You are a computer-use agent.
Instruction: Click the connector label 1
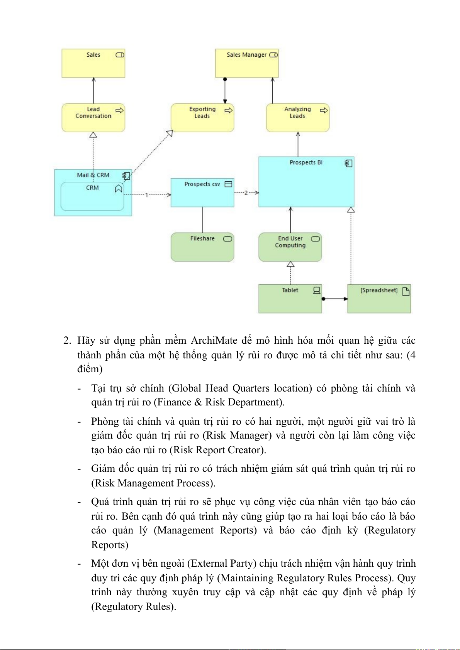point(146,195)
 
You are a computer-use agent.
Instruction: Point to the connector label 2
point(246,192)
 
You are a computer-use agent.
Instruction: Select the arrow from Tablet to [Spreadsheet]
point(335,299)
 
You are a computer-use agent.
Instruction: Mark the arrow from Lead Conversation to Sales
point(93,91)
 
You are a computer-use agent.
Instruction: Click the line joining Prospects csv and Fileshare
point(203,220)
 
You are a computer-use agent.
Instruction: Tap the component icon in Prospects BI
point(348,163)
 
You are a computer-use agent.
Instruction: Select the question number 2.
point(67,340)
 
